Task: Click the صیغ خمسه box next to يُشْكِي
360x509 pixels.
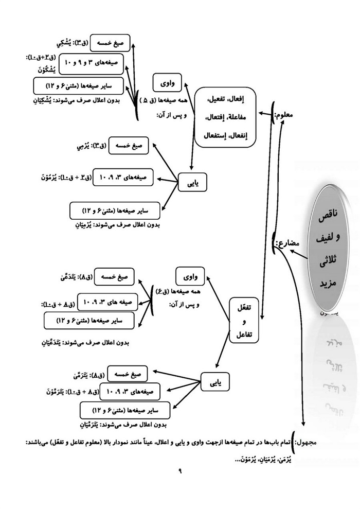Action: coord(110,44)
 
